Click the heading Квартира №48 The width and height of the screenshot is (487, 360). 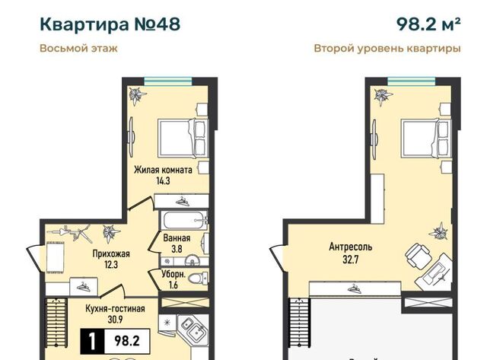point(110,24)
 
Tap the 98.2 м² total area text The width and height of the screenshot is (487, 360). point(428,24)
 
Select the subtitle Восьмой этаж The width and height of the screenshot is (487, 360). point(78,49)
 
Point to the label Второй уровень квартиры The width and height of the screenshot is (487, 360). point(387,49)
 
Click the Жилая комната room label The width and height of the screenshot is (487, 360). point(163,170)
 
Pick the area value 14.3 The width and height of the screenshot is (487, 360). point(163,181)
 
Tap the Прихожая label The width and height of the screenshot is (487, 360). point(111,253)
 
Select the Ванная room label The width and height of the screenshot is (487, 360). point(177,238)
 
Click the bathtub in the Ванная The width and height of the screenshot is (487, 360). point(183,220)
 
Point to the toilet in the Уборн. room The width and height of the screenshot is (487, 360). point(198,278)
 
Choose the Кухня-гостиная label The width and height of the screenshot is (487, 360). point(115,309)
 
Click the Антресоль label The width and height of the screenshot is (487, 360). point(351,247)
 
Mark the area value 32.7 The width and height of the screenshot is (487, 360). point(351,259)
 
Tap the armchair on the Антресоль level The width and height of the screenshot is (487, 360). point(418,256)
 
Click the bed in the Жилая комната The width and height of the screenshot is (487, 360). point(183,139)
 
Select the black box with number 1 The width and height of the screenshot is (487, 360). point(92,342)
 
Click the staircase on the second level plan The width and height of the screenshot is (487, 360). point(299,323)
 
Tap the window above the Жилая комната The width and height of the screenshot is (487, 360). point(168,81)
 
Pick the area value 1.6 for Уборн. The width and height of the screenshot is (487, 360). point(173,285)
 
